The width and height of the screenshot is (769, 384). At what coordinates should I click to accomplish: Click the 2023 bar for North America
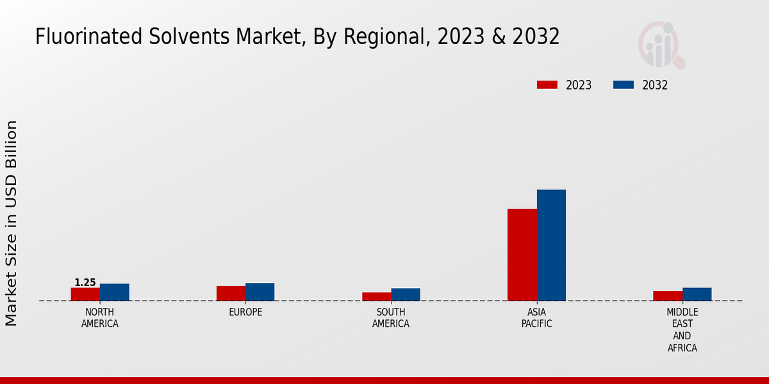(85, 294)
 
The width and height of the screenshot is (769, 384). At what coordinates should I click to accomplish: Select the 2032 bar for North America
(114, 292)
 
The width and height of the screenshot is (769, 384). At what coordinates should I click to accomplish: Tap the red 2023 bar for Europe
(231, 293)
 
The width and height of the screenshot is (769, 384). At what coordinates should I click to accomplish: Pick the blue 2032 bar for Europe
(260, 292)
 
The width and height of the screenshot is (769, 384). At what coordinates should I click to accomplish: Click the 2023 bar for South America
(376, 296)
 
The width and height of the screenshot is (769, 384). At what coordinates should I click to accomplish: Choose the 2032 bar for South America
(406, 294)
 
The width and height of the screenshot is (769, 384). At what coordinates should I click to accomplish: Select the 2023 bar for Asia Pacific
(522, 255)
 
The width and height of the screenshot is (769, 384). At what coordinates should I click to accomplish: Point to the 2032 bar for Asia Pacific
(551, 245)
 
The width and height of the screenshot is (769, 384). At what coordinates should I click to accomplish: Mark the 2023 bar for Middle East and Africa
(668, 296)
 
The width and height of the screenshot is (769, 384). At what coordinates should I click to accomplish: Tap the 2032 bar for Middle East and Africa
(697, 294)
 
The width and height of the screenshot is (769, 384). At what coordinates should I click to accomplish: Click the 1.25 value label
(85, 282)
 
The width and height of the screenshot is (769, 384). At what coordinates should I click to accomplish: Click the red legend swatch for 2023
(547, 85)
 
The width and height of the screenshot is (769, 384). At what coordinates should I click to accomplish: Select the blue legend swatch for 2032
(624, 85)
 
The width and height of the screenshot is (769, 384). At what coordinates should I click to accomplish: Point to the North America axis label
(100, 318)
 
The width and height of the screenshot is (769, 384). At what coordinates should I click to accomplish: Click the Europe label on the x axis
(245, 312)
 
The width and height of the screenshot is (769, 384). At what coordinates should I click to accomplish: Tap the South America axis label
(391, 318)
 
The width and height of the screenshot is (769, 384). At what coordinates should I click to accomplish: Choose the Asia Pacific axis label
(536, 318)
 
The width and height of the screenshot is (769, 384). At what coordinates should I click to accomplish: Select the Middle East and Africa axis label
(682, 330)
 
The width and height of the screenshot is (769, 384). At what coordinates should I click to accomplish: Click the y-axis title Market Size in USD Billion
(12, 223)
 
